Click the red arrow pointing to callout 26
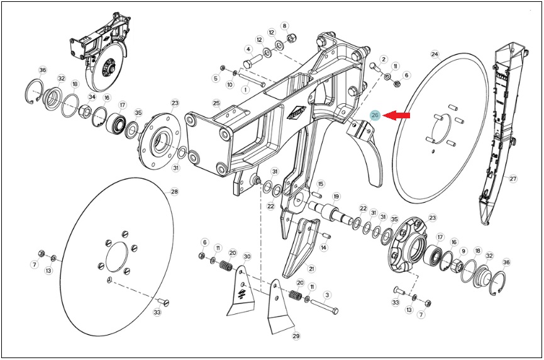(x=397, y=116)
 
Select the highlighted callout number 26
(x=375, y=116)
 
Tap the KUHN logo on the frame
(x=296, y=113)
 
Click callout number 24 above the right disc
(x=435, y=54)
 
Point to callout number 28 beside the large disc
(x=174, y=191)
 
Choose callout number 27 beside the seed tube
(x=513, y=179)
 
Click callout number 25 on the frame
(x=216, y=103)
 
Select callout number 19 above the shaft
(x=336, y=196)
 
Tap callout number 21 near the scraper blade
(x=311, y=268)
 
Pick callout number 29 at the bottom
(x=296, y=335)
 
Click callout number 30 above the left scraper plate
(x=247, y=257)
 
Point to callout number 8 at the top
(x=284, y=26)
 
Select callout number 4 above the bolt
(x=248, y=49)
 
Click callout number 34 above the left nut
(x=92, y=97)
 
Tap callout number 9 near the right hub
(x=462, y=251)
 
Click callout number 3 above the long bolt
(x=326, y=295)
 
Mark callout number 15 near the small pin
(x=320, y=184)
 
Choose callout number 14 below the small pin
(x=324, y=247)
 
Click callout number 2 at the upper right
(x=384, y=59)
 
